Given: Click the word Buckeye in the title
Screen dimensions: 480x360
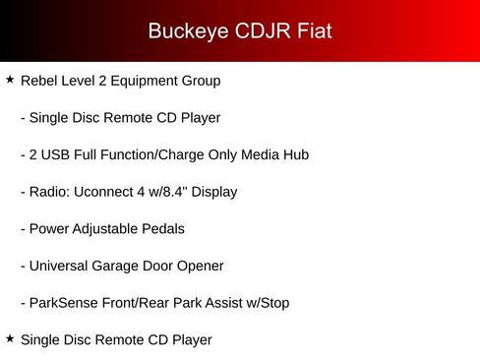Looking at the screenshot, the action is [188, 31].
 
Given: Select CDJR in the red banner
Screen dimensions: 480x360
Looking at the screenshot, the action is [263, 30].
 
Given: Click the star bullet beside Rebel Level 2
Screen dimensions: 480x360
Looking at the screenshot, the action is [10, 79].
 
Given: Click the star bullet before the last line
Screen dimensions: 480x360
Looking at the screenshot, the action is [10, 338].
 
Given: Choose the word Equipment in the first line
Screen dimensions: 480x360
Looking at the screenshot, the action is [145, 82].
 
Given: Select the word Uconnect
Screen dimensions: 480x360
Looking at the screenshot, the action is [103, 192].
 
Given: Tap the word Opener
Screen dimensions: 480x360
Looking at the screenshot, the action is [201, 267].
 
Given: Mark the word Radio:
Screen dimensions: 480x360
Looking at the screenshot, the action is [50, 192].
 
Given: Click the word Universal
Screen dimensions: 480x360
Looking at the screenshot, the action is [59, 266].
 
